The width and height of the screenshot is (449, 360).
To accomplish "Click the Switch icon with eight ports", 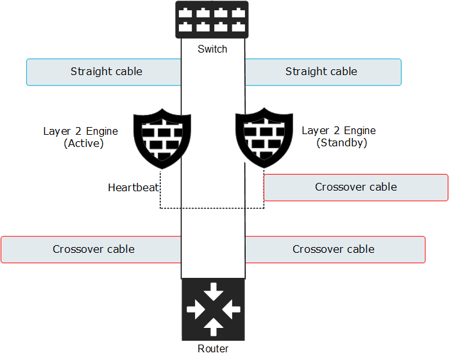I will coord(212,19).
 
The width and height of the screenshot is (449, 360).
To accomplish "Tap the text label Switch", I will coord(212,49).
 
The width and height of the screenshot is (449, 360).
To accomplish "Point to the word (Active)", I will coord(83,143).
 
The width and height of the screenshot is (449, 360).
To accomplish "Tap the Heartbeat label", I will coord(133,188).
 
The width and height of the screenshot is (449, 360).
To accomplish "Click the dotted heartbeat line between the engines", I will coord(212,208).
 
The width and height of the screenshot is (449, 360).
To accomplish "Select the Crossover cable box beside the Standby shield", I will coord(356,187).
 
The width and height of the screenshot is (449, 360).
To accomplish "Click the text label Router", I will coord(213,349).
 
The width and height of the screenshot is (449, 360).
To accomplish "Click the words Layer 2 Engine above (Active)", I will coord(81,131).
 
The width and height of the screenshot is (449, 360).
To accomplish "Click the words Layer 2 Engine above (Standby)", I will coord(339,130).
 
